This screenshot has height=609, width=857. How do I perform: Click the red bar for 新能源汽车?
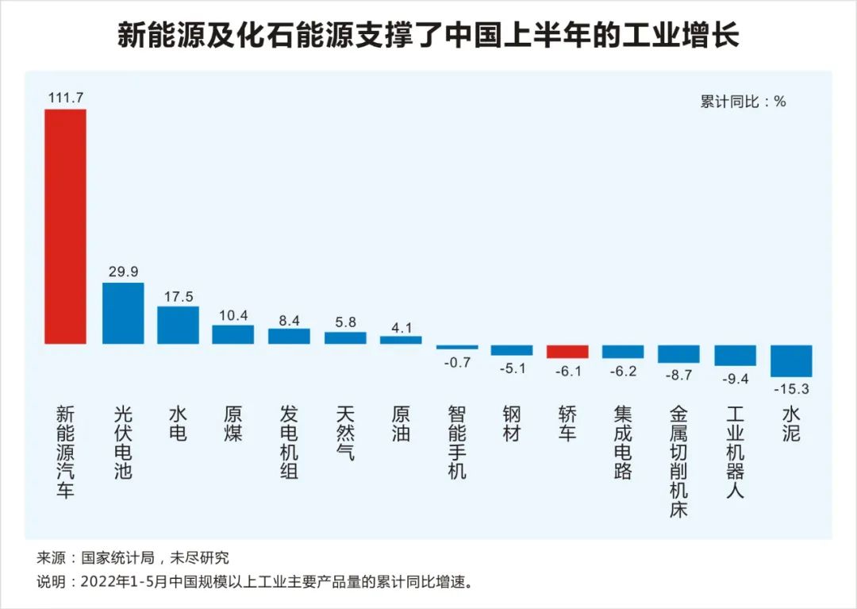pyautogui.click(x=65, y=226)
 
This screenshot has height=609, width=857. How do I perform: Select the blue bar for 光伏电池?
pyautogui.click(x=123, y=313)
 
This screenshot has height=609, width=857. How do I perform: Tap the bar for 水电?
pyautogui.click(x=178, y=325)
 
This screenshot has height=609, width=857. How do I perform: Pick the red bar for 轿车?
pyautogui.click(x=567, y=352)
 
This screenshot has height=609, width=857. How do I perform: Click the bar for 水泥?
pyautogui.click(x=791, y=360)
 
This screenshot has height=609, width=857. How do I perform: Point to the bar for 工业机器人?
pyautogui.click(x=736, y=355)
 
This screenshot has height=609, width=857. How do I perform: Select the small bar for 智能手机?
pyautogui.click(x=457, y=347)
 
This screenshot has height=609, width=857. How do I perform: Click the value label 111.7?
pyautogui.click(x=65, y=98)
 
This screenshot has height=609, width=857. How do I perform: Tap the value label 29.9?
pyautogui.click(x=123, y=272)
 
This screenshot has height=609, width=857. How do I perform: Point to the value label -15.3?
pyautogui.click(x=791, y=389)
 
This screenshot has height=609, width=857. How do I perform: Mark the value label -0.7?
pyautogui.click(x=457, y=362)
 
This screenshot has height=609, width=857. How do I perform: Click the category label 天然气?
pyautogui.click(x=345, y=434)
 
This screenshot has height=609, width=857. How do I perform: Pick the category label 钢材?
pyautogui.click(x=512, y=424)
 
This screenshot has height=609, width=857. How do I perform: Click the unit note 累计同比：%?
pyautogui.click(x=743, y=102)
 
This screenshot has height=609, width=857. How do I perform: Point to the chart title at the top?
pyautogui.click(x=428, y=36)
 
